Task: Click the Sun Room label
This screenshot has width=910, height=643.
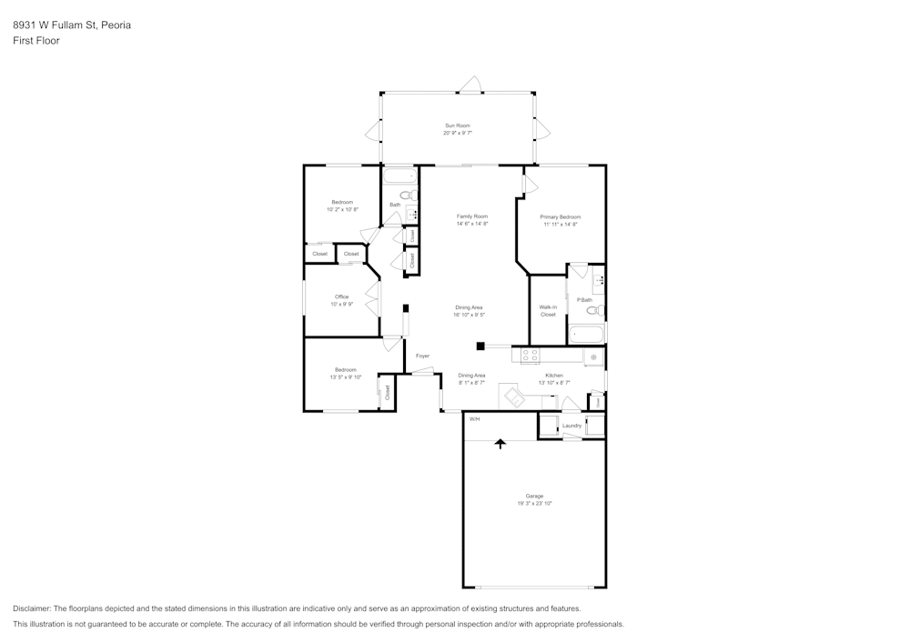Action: point(457,126)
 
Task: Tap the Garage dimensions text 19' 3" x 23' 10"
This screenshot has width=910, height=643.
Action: point(534,503)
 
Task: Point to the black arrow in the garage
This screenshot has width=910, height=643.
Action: point(500,443)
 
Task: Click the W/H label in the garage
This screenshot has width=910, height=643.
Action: point(474,419)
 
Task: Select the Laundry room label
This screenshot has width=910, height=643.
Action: point(571,426)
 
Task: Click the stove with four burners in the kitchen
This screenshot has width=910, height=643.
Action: point(530,356)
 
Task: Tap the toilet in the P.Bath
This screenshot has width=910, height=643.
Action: point(593,311)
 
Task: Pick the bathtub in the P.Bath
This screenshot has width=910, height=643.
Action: point(586,335)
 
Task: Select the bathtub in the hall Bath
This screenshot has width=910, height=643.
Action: point(399,176)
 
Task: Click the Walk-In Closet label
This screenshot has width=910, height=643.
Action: point(547,311)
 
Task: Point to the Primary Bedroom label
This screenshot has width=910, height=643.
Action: point(560,217)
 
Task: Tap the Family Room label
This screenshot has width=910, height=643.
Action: point(472,216)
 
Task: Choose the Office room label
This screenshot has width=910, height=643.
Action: point(341,296)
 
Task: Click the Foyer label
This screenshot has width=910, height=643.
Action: point(422,356)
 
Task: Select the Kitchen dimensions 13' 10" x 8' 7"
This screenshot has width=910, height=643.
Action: point(554,383)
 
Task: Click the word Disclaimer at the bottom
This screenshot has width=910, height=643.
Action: point(32,608)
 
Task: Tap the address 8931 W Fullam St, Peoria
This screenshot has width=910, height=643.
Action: point(71,25)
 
